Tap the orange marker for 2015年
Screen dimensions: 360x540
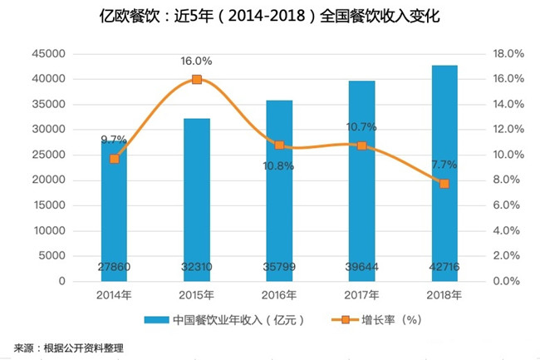pos(197,79)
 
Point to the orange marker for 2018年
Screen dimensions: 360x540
pos(444,183)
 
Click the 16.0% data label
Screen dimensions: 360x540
pos(197,61)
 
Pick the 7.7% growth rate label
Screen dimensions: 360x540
pos(444,165)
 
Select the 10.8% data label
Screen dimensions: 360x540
pos(278,165)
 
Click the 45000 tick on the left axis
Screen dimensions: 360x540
pos(49,54)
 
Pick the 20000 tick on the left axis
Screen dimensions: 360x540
pos(49,180)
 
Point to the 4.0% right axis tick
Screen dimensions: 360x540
pos(503,231)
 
